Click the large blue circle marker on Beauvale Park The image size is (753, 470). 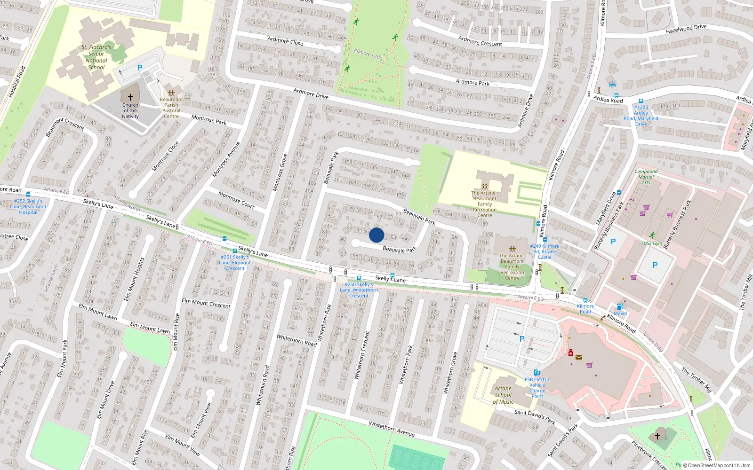376,235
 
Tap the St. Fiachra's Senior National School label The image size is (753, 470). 96,57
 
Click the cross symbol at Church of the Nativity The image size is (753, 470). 130,97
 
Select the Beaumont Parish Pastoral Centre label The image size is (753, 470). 171,108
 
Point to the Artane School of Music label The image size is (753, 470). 503,395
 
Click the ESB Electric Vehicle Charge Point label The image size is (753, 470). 537,388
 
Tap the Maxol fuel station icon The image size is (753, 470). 620,306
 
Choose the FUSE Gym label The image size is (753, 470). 652,243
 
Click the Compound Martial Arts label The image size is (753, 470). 646,177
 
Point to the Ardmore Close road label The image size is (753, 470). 285,41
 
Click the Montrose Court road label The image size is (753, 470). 236,199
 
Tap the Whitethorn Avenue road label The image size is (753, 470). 392,429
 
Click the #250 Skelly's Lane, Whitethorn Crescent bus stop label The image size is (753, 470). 359,290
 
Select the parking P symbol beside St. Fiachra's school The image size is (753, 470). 140,68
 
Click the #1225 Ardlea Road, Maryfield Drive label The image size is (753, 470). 641,116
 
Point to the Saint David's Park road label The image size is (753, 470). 535,415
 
